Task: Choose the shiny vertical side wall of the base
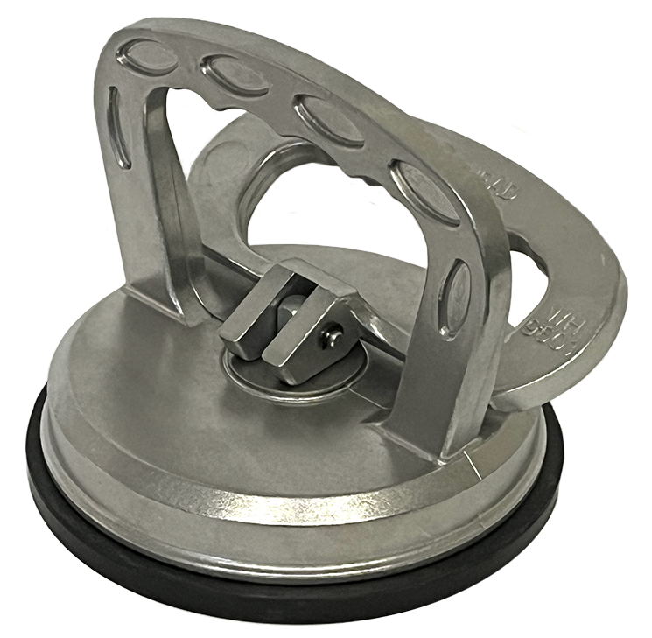tap(263, 516)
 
